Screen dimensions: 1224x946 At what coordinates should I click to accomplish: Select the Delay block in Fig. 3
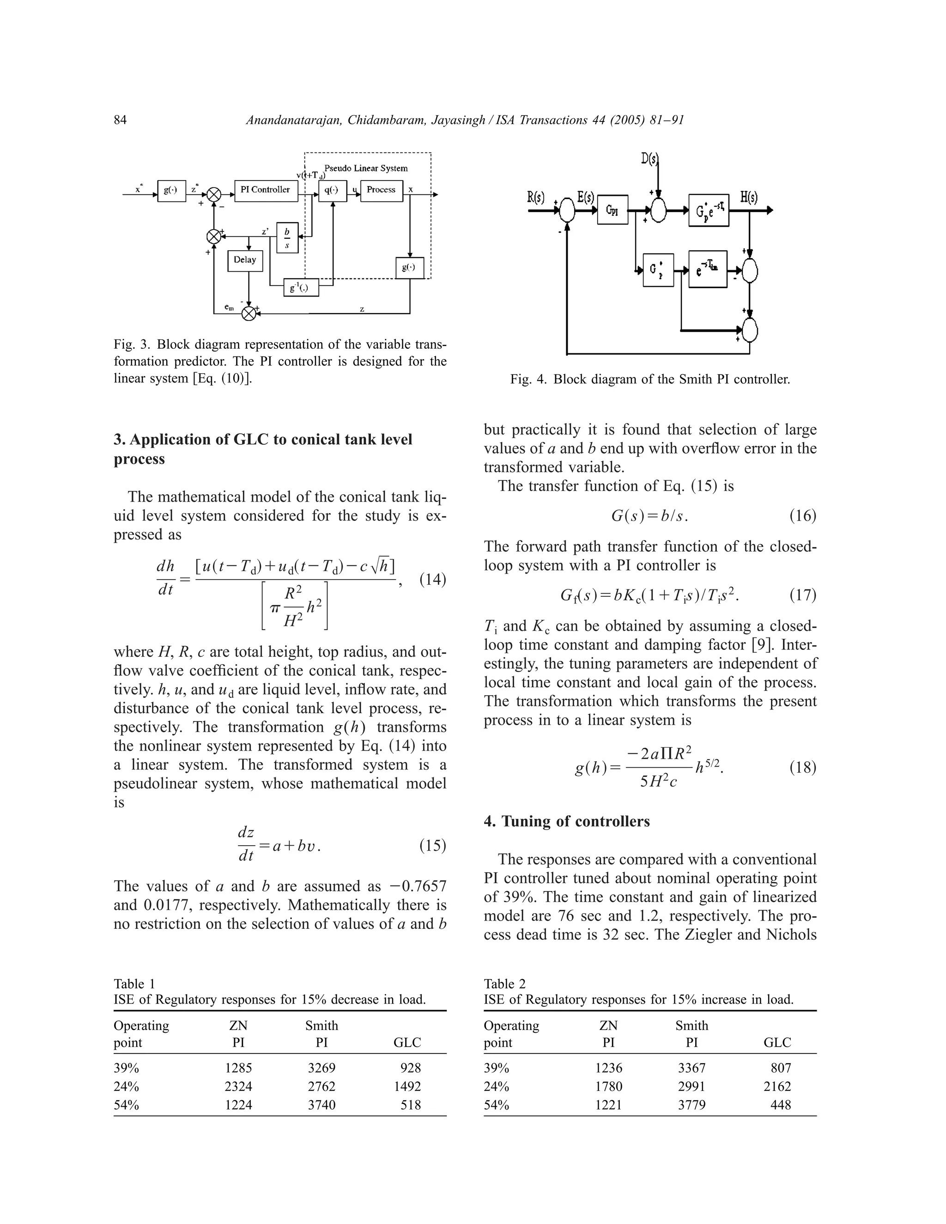pos(245,261)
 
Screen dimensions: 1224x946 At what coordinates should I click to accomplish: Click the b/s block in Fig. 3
pos(287,237)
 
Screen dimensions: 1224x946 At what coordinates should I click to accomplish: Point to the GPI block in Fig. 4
pos(612,210)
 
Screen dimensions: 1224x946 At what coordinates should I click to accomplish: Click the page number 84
pos(121,120)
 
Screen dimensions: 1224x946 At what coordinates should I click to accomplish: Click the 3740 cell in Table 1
pos(321,1105)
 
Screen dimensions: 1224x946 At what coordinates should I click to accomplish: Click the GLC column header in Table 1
pos(407,1042)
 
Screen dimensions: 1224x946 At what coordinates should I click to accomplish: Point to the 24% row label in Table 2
pos(497,1087)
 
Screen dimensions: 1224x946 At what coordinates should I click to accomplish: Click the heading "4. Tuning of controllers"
pos(567,822)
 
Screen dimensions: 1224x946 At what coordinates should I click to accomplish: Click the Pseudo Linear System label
pos(366,168)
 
